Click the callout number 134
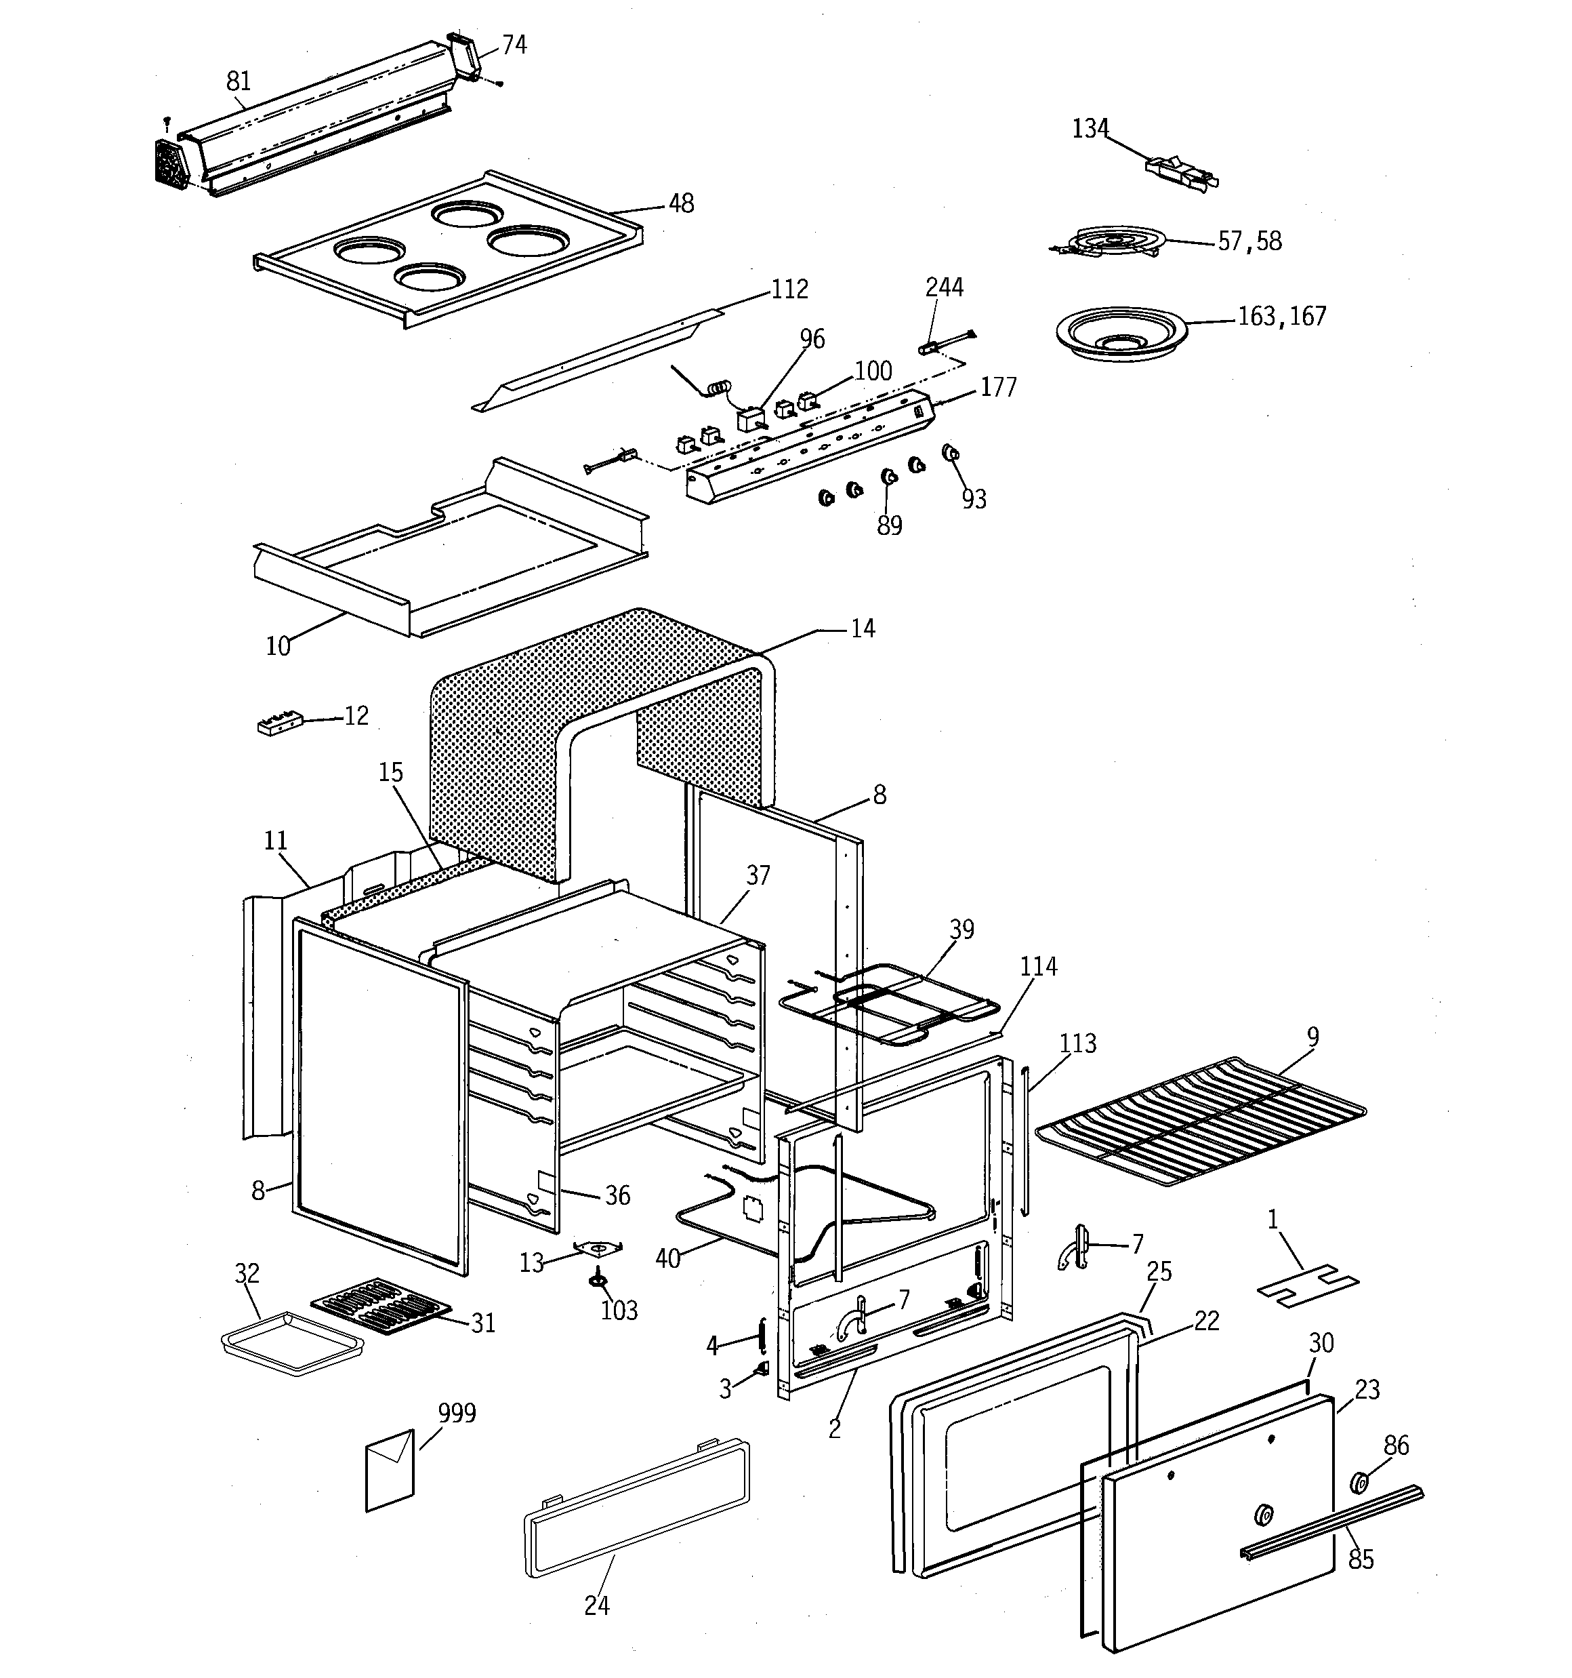pos(1090,129)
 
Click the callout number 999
pos(457,1413)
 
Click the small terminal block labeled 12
pos(279,724)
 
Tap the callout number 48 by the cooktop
pos(681,204)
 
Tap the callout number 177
pos(997,387)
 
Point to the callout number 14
pos(863,628)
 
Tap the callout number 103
pos(619,1311)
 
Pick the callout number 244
pos(943,288)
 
